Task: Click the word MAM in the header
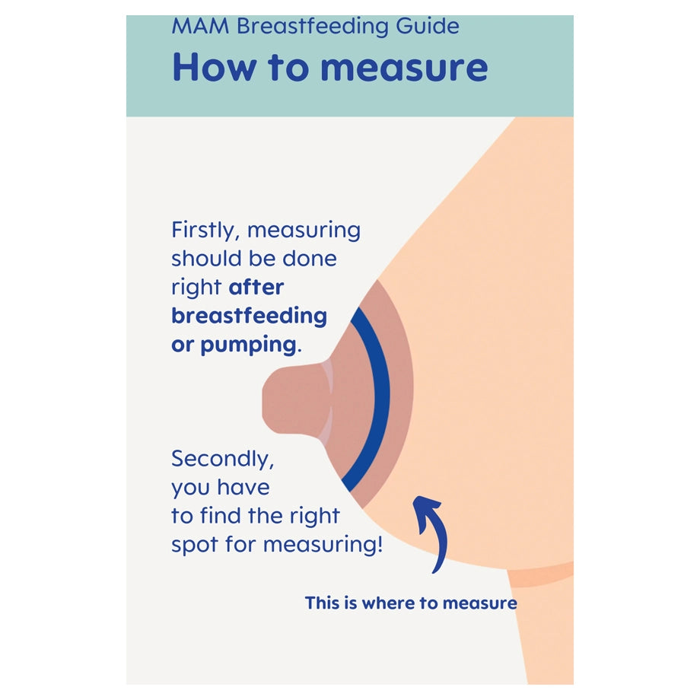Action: (x=200, y=26)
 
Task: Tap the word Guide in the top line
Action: (x=428, y=26)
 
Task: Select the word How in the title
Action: (x=215, y=67)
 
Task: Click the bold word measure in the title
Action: (x=405, y=68)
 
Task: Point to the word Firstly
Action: (x=204, y=231)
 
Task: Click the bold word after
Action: (x=256, y=287)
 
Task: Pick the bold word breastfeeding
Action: (x=249, y=316)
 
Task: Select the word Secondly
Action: (x=223, y=459)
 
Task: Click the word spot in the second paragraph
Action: (x=195, y=545)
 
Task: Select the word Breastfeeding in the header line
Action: (x=313, y=26)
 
